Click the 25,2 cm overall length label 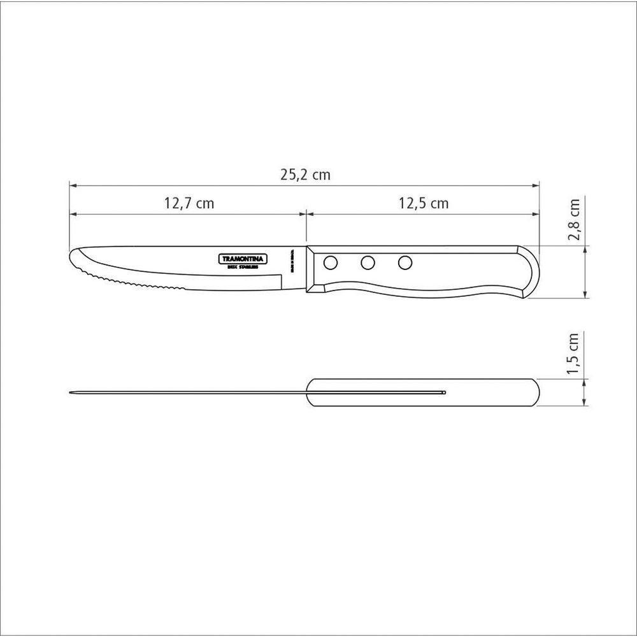[x=306, y=175]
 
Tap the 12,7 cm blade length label [x=189, y=204]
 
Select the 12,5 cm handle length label [x=424, y=204]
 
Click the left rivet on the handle [x=331, y=262]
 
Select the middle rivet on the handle [x=368, y=262]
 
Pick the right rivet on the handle [x=404, y=262]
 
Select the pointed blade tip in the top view [x=70, y=392]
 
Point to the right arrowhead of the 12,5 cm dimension [x=537, y=215]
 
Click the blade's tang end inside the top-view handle [x=443, y=392]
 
